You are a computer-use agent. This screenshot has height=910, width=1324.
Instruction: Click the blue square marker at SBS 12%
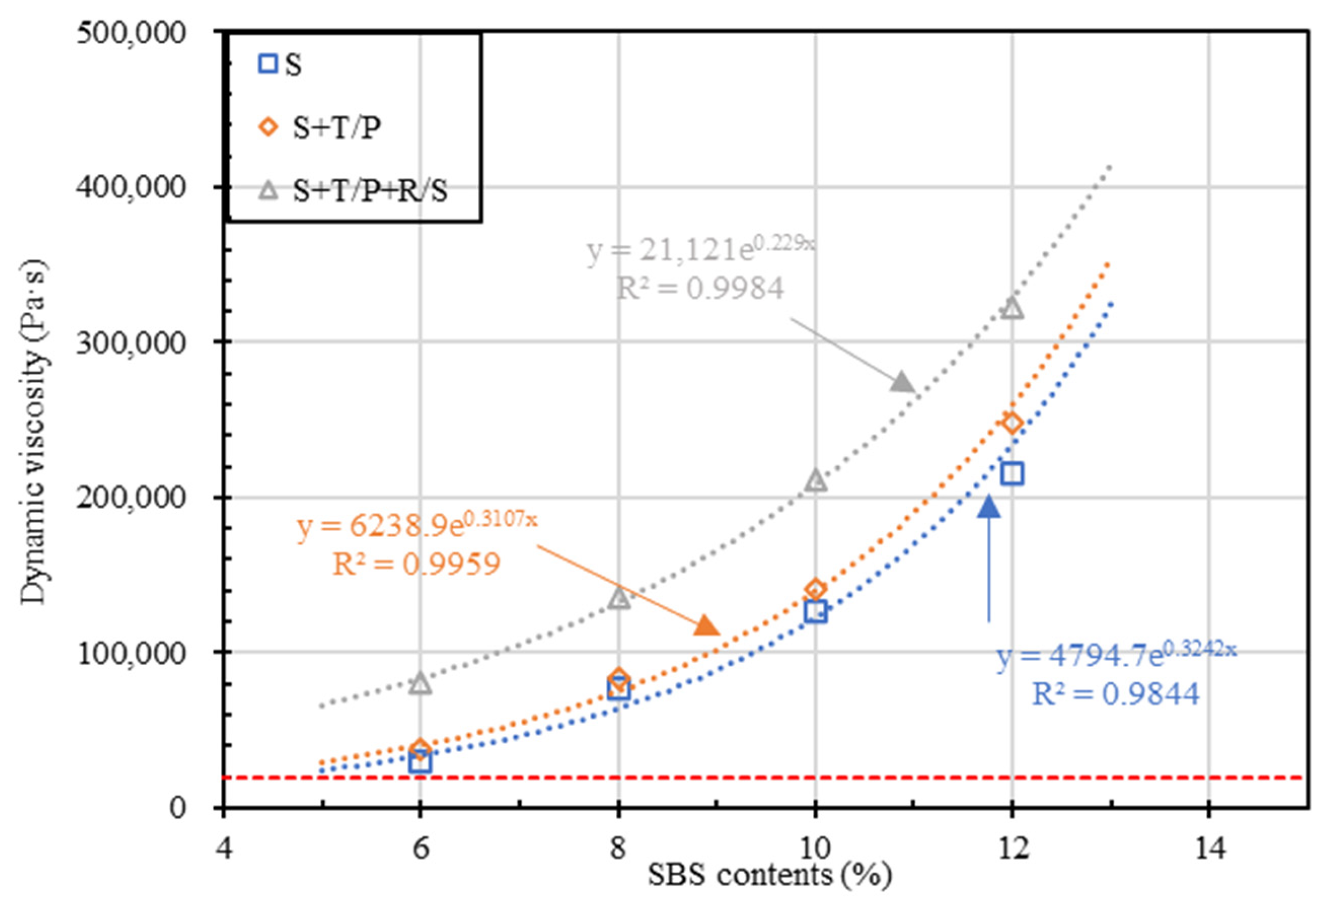(1012, 474)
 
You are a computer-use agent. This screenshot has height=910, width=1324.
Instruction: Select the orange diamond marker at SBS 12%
(1012, 422)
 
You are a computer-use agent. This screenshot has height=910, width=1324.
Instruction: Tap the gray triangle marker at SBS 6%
(420, 683)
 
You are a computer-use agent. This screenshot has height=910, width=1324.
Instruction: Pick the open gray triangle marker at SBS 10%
(816, 481)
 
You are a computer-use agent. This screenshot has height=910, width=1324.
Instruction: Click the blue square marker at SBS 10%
(816, 611)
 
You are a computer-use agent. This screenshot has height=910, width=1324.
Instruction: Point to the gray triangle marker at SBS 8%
(618, 598)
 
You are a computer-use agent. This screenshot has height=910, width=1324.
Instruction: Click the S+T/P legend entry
(336, 128)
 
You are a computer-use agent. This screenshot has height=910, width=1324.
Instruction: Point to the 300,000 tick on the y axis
(131, 343)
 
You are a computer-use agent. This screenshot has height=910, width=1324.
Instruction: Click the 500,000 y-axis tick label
(131, 33)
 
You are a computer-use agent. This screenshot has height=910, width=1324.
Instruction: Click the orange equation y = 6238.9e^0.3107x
(416, 526)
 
